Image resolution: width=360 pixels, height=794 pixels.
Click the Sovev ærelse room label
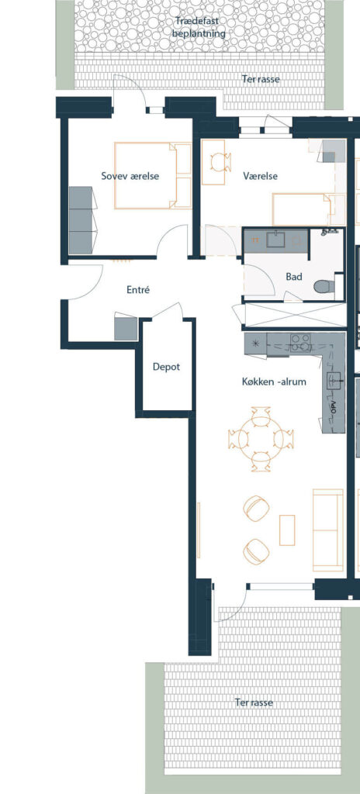point(130,176)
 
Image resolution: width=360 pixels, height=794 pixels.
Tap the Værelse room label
point(260,176)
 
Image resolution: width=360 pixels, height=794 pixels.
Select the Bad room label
point(294,277)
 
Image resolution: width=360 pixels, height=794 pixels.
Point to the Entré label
point(138,290)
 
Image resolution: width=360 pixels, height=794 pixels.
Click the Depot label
point(166,367)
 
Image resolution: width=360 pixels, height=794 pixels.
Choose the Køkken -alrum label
point(274,381)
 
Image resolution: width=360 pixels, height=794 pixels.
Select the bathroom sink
point(276,240)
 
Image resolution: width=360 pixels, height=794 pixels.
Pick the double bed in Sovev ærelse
point(153,176)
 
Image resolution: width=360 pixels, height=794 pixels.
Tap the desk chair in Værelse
point(221,162)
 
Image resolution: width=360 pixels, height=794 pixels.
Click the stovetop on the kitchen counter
point(301,343)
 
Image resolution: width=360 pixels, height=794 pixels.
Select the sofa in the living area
point(328,529)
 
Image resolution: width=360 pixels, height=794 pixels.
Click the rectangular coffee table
point(287,530)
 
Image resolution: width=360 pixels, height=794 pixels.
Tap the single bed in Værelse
point(302,209)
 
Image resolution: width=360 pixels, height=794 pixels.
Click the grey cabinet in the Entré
point(126,329)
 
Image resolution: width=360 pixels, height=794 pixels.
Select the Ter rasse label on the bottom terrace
point(254,703)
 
